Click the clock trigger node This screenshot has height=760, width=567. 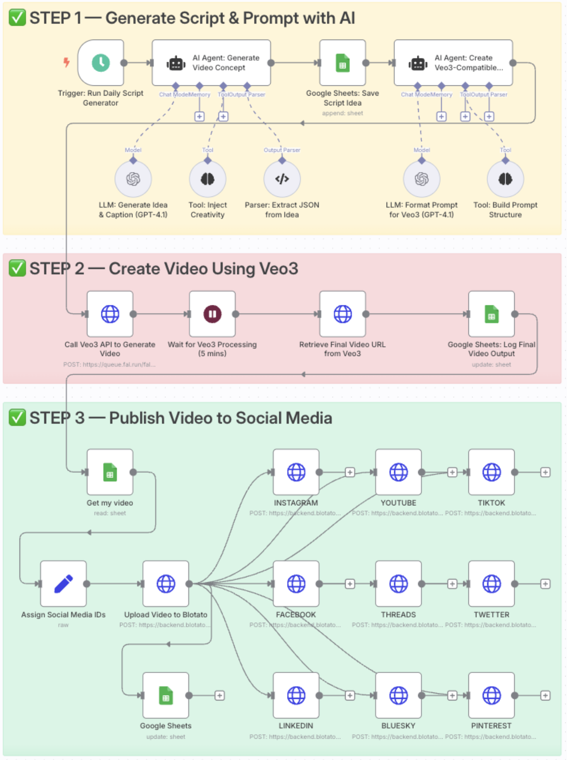coord(101,63)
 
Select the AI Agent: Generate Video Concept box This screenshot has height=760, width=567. coord(211,63)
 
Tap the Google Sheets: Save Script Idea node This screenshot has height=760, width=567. coord(342,63)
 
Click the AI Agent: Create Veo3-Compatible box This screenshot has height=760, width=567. coord(453,63)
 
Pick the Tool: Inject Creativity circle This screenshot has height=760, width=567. coord(208,179)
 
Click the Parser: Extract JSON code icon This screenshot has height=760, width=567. coord(282,179)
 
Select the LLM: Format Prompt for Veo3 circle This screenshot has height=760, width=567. coord(421,179)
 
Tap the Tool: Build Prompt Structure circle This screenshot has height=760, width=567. coord(505,179)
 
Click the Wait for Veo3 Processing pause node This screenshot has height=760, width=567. coord(212,314)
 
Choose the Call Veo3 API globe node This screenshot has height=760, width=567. coord(110,314)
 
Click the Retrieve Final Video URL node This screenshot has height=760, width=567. coord(342,314)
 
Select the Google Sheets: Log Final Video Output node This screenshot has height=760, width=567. coord(491,314)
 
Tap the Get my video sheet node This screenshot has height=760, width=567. coord(110,472)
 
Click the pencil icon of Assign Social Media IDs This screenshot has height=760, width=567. coord(63,584)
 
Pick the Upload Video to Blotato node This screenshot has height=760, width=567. coord(166,584)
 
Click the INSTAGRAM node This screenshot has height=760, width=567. coord(296,472)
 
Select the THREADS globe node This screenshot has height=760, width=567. coord(398,584)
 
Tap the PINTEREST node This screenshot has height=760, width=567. coord(491,696)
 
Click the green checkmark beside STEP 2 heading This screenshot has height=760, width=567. coord(17,268)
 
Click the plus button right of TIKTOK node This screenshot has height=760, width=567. coord(545,472)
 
